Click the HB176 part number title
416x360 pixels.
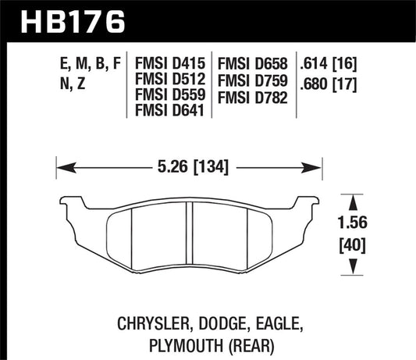pyautogui.click(x=68, y=20)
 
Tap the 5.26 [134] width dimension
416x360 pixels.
pyautogui.click(x=188, y=166)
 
